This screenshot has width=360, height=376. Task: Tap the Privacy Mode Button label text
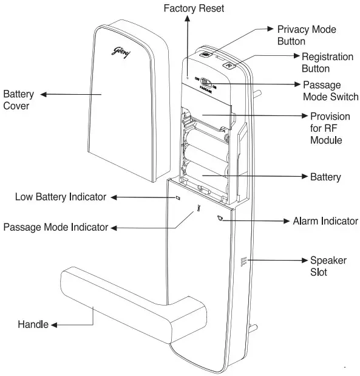(x=307, y=35)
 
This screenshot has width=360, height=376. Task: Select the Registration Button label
(x=327, y=63)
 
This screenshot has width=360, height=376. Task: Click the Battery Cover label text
(x=19, y=100)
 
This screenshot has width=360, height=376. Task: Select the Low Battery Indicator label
(x=61, y=197)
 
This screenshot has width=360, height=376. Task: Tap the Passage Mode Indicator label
(x=56, y=227)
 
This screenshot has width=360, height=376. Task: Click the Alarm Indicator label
(x=325, y=220)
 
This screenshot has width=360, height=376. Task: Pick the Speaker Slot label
(x=328, y=266)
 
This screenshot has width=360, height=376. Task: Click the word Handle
(x=33, y=325)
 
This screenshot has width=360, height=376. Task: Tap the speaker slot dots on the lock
(x=243, y=262)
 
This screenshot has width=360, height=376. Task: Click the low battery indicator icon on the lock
(x=178, y=197)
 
